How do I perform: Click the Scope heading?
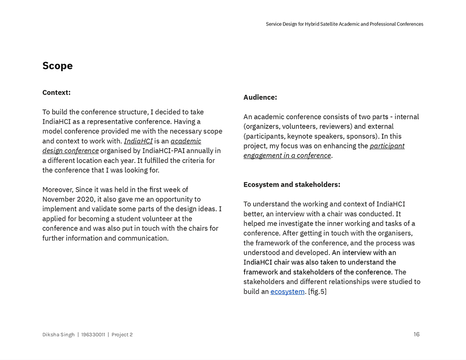click(57, 66)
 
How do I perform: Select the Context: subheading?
click(56, 92)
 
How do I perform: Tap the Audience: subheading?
click(260, 97)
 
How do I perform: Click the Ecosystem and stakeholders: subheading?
click(292, 184)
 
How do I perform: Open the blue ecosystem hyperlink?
click(288, 292)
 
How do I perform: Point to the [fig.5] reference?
click(317, 292)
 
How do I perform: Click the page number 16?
click(417, 334)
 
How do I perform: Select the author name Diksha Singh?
click(58, 334)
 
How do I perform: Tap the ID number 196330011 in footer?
click(93, 334)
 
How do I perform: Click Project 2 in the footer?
click(122, 334)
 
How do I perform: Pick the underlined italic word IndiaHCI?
click(138, 141)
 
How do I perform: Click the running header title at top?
click(344, 24)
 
